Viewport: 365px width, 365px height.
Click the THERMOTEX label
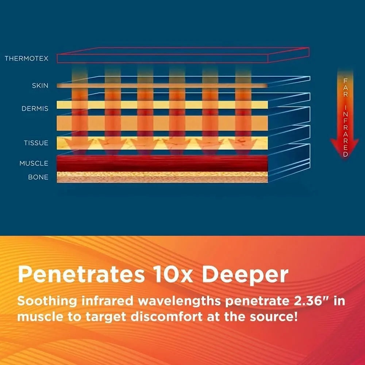27,58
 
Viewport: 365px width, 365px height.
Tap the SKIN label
40,86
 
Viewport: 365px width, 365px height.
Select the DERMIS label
35,108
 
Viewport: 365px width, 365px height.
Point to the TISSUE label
36,143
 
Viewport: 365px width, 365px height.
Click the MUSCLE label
34,164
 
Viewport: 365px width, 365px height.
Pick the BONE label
38,177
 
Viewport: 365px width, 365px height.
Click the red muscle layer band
162,164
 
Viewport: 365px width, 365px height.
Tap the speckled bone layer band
162,177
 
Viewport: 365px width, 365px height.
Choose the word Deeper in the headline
245,275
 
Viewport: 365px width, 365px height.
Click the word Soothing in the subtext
47,301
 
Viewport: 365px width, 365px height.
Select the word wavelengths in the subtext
179,301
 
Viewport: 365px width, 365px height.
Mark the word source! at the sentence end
274,317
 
